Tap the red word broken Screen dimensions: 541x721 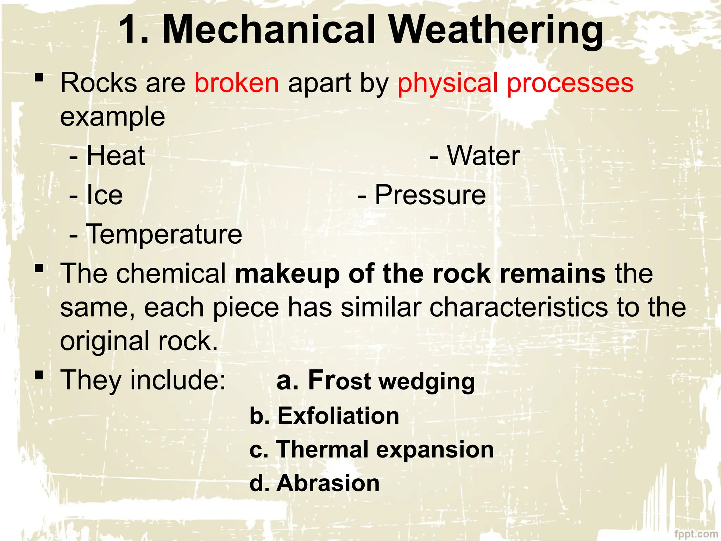(x=237, y=83)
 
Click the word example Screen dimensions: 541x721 (x=113, y=117)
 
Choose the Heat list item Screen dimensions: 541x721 (x=115, y=156)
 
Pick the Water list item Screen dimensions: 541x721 (x=483, y=156)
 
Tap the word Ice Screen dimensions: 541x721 (x=105, y=195)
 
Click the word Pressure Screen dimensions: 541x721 (x=430, y=195)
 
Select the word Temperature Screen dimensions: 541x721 (x=164, y=234)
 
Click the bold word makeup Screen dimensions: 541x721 (x=287, y=274)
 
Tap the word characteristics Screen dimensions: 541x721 (x=519, y=307)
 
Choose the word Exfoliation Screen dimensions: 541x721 (x=338, y=416)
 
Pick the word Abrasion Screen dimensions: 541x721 (x=328, y=483)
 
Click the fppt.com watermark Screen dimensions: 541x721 (x=696, y=534)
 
